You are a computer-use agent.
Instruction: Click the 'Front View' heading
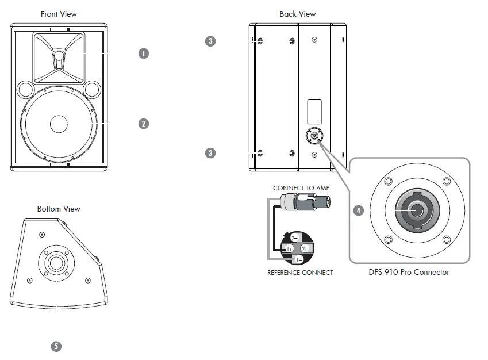pos(59,14)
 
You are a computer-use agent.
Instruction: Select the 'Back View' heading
pos(297,14)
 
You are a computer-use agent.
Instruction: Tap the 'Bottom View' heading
pos(59,209)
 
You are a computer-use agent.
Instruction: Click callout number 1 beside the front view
pos(144,53)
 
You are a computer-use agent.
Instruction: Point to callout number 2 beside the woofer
pos(144,123)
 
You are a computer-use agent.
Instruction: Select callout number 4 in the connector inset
pos(359,210)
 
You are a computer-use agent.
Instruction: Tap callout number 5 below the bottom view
pos(56,346)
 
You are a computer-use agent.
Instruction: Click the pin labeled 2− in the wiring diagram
pos(294,238)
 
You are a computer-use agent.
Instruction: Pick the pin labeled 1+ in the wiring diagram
pos(290,248)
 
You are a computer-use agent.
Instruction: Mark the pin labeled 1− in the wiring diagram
pos(299,259)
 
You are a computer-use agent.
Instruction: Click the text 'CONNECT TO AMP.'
pos(302,188)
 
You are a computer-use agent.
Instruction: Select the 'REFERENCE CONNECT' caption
pos(300,273)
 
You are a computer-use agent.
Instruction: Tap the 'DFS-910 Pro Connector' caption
pos(409,272)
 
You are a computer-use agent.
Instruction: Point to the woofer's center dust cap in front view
pos(59,124)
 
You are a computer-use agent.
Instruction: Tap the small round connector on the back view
pos(314,137)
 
